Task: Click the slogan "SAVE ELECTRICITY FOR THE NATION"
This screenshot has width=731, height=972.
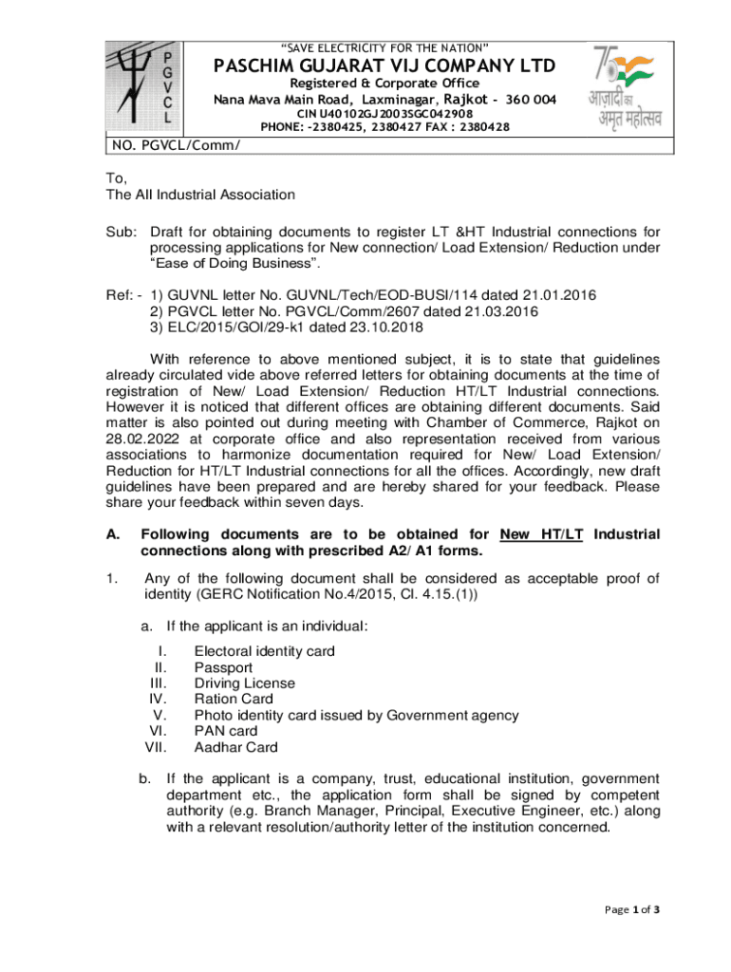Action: pyautogui.click(x=384, y=47)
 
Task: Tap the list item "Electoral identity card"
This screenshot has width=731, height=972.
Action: pyautogui.click(x=264, y=651)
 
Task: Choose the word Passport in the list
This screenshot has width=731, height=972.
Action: pyautogui.click(x=223, y=667)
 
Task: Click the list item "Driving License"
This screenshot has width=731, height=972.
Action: pyautogui.click(x=245, y=683)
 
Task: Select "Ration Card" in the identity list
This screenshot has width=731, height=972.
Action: pyautogui.click(x=234, y=700)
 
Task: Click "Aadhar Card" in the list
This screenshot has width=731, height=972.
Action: pyautogui.click(x=236, y=747)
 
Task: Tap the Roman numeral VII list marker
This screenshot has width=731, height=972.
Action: pyautogui.click(x=156, y=747)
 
